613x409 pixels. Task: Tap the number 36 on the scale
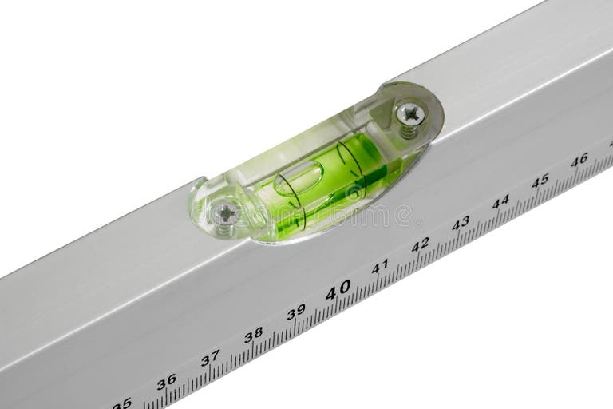(166, 382)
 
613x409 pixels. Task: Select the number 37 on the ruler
(210, 359)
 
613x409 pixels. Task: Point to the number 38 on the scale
(253, 335)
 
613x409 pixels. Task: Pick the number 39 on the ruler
(296, 312)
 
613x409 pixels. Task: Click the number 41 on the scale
(380, 266)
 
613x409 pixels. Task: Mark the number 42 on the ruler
(421, 244)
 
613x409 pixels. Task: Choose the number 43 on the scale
(461, 223)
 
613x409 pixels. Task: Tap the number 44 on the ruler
(500, 201)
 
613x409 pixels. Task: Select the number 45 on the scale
(540, 181)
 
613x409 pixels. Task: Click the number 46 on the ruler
(579, 160)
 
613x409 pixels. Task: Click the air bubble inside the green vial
(299, 180)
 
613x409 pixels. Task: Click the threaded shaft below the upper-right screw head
(409, 130)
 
